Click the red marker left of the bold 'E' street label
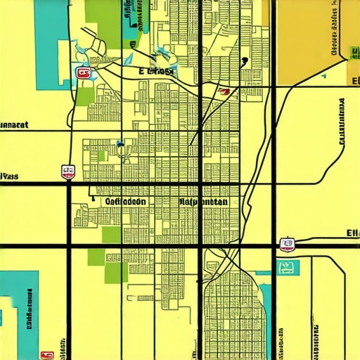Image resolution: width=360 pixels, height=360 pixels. [83, 72]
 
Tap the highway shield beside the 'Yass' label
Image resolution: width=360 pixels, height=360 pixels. [68, 171]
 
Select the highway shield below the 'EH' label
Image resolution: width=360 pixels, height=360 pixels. [286, 245]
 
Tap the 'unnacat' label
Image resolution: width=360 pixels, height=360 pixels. [14, 126]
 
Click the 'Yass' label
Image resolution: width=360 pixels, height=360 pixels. [9, 176]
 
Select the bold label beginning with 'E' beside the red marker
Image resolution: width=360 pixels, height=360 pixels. [156, 71]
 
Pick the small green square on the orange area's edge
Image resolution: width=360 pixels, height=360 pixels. [349, 53]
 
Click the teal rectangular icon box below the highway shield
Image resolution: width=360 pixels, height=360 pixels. [288, 266]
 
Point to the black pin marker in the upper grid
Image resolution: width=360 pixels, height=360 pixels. [244, 60]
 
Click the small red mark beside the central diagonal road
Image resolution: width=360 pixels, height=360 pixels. [224, 90]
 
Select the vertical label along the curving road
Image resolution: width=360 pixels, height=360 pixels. [342, 120]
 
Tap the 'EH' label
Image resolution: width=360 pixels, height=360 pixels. [352, 233]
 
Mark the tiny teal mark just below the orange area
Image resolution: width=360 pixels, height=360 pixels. [324, 75]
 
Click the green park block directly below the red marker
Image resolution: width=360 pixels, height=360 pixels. [85, 96]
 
